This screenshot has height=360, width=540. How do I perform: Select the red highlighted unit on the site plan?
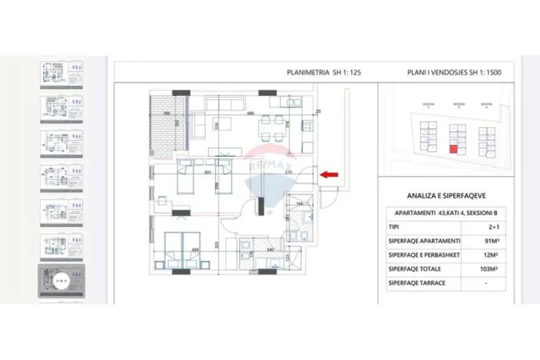coord(453,148)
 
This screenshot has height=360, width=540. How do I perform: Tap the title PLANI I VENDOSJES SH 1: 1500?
coord(454,72)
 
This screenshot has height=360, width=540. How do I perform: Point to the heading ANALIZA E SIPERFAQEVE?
coord(451,194)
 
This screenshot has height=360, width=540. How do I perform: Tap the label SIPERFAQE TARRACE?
coord(418,283)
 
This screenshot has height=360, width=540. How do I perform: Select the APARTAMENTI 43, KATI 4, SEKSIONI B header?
coord(450,212)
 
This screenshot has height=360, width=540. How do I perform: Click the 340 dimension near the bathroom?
coord(270,250)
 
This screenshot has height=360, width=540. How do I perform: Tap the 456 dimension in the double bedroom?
coord(194,250)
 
